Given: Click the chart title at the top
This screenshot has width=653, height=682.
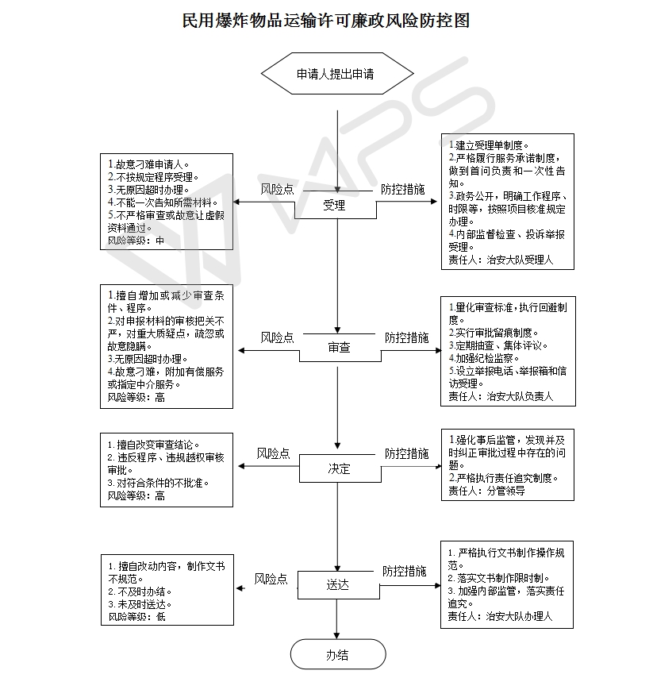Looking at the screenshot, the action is pos(325,21).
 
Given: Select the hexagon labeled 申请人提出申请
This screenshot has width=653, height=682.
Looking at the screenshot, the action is pos(337,74).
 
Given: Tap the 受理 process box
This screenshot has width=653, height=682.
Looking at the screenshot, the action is pos(335,205).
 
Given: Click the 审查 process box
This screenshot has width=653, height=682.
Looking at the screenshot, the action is pos(340,348).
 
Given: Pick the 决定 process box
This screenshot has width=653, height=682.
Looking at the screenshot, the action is pos(340,468).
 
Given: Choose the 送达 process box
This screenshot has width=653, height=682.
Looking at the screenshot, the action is pos(338,585).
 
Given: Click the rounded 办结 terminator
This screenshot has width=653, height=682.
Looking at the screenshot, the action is pos(338,654).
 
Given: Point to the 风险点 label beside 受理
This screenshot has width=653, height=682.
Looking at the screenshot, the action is pos(278,189).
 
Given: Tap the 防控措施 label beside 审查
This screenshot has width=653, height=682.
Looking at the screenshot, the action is pos(406,337).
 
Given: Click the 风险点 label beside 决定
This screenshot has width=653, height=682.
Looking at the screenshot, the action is pos(273,453).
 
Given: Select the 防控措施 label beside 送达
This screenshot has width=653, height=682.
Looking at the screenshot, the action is pos(405,571).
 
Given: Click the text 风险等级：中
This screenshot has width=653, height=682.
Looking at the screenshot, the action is pos(136,241).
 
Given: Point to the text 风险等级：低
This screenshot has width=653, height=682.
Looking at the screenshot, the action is pos(137,617).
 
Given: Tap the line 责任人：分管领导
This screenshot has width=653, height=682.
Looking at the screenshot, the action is pos(486,491).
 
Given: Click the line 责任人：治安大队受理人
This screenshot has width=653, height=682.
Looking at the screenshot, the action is pos(501,260).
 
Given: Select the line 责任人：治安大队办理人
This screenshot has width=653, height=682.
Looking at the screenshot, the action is pos(500,616).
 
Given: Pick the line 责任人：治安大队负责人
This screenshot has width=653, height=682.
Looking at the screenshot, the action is pos(501,397).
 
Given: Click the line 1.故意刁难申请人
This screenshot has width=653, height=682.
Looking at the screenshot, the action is pos(148,165).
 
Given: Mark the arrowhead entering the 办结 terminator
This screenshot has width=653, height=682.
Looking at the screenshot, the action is pos(336,635).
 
